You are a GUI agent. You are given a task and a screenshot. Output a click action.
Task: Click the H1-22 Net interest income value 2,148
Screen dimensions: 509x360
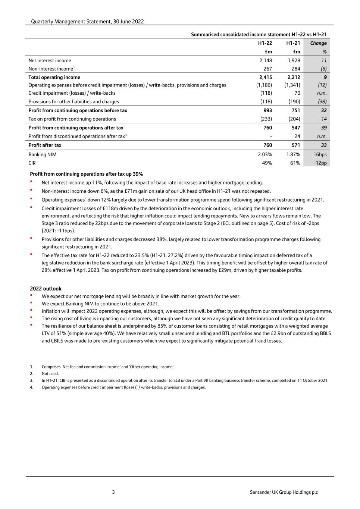coord(266,60)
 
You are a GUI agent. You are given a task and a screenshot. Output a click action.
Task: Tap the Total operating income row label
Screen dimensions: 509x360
coord(54,77)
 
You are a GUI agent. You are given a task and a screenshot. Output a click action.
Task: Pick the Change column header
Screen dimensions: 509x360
coord(318,43)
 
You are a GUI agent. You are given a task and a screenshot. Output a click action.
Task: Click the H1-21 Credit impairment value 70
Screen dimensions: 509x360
coord(297,93)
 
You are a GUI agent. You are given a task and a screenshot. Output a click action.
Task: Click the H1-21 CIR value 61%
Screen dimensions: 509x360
coord(295,163)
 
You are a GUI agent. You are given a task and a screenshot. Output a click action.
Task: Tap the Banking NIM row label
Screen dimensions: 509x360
coord(43,154)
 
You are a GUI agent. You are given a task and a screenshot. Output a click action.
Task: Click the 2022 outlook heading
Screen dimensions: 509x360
coord(46,289)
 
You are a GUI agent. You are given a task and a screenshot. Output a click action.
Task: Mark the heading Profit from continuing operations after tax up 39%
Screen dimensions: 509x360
coord(86,174)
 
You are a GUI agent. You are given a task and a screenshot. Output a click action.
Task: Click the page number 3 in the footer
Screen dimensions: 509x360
coord(113,492)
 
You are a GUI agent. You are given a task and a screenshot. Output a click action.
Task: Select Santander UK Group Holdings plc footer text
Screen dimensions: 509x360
coord(284,492)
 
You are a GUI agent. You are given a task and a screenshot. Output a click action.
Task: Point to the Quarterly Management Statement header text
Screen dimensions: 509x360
coord(87,22)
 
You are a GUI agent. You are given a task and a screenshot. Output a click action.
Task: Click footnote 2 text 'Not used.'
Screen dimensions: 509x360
coord(50,374)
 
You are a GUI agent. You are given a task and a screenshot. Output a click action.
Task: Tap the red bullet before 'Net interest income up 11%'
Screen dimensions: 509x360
coord(32,182)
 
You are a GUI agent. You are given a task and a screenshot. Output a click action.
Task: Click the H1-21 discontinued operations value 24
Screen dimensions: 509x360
coord(297,136)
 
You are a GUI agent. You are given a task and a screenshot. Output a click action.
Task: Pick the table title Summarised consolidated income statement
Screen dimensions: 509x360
coord(259,34)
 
